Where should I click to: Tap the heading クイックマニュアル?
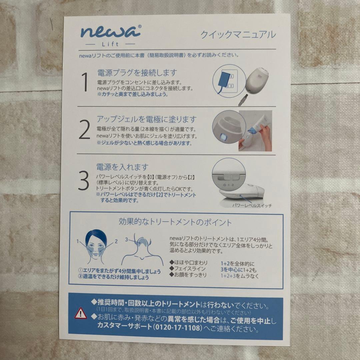[x=238, y=34]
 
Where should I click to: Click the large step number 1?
[x=85, y=83]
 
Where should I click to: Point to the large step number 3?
[x=83, y=181]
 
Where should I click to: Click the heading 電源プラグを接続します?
[x=137, y=72]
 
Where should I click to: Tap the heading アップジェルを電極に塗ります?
[x=146, y=119]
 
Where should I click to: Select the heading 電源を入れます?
[x=122, y=167]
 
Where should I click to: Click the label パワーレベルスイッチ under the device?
[x=252, y=206]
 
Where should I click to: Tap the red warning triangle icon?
[x=81, y=313]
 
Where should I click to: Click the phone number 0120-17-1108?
[x=178, y=328]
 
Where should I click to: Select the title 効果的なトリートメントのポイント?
[x=175, y=222]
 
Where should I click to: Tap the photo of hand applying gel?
[x=255, y=131]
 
